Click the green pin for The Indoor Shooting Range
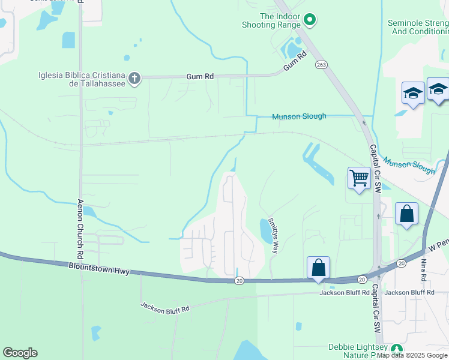click(310, 20)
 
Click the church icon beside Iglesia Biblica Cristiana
click(134, 77)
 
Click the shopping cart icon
click(359, 178)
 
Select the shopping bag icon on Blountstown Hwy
click(318, 268)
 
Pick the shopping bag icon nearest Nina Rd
click(406, 214)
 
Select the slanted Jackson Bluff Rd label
click(165, 307)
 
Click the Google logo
click(20, 353)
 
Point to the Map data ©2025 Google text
click(412, 355)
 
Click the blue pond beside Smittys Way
click(265, 230)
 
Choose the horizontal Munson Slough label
click(299, 116)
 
